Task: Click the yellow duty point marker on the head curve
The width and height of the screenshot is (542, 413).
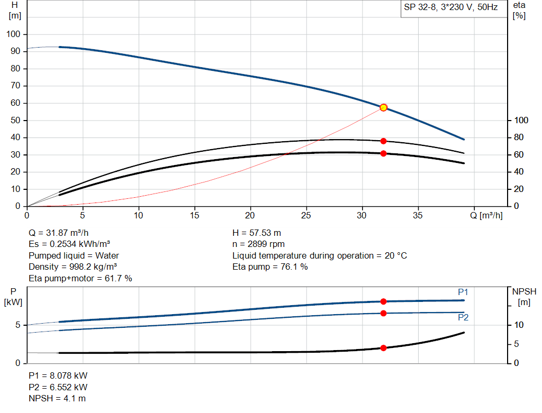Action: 384,107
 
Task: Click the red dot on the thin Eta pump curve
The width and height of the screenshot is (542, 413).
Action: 384,141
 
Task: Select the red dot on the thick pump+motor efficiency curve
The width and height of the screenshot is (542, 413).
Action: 384,153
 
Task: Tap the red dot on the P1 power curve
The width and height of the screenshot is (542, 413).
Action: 384,301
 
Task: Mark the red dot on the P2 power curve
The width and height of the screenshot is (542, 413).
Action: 384,313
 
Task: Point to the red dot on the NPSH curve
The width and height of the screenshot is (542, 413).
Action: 384,348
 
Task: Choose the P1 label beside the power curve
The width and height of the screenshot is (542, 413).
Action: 463,292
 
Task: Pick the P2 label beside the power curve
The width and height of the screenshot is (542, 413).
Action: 463,318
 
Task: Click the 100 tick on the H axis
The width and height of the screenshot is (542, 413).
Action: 13,34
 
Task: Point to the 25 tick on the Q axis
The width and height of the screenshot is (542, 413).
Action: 306,215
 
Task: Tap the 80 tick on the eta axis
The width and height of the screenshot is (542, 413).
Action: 518,137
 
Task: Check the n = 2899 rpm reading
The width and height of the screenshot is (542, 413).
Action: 259,244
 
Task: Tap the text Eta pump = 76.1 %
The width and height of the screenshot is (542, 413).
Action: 270,267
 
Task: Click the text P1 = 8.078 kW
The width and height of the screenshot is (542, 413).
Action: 58,375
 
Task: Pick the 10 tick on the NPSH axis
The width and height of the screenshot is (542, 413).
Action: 519,325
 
